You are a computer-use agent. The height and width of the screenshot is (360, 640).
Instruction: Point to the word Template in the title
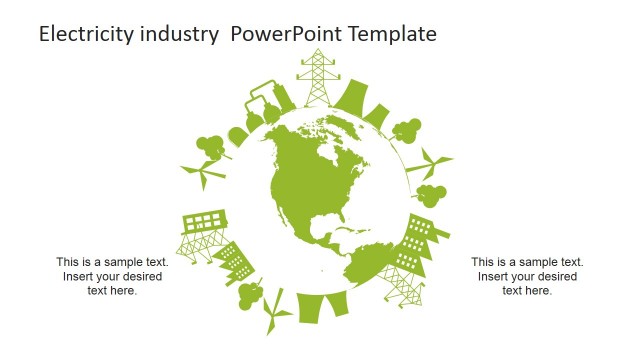point(396,34)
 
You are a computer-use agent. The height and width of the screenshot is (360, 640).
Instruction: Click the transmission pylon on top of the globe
point(317,75)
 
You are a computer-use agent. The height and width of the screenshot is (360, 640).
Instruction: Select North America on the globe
point(305,180)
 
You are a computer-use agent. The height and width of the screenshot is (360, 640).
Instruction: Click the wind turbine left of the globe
point(203,174)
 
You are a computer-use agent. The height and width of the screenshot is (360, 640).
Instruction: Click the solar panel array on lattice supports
point(202,233)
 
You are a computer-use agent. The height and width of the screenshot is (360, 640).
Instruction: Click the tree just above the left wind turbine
point(210,145)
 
